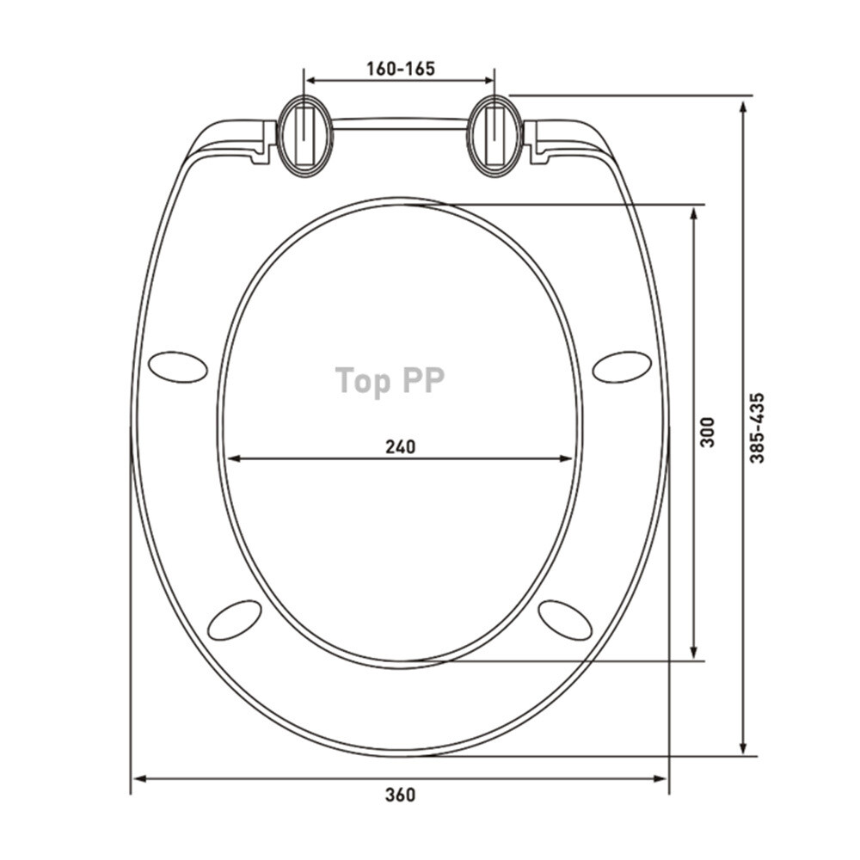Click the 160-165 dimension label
401,69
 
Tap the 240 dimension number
401,447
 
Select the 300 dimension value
708,433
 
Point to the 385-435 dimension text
758,427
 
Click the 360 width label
401,795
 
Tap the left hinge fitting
304,136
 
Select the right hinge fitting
494,136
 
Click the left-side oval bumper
178,366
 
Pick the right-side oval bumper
623,366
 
